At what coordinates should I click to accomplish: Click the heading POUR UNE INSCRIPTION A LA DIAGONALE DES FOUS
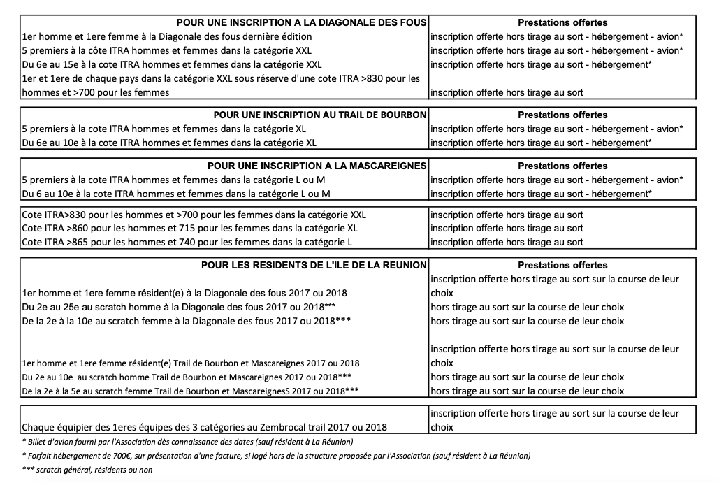(x=301, y=22)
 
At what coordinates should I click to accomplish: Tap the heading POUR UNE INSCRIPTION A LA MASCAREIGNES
(x=317, y=166)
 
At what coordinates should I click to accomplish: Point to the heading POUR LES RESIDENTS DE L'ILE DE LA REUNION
(x=314, y=266)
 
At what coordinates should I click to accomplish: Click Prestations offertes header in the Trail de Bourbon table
(x=562, y=115)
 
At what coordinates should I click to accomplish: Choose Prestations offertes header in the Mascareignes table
(x=562, y=166)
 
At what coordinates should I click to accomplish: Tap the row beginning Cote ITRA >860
(x=189, y=229)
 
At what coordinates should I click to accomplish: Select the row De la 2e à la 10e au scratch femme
(x=185, y=321)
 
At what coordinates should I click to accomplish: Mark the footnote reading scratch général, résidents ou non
(x=87, y=470)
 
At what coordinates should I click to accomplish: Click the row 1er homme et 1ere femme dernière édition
(x=167, y=36)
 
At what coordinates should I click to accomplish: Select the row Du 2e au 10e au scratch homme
(x=186, y=377)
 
